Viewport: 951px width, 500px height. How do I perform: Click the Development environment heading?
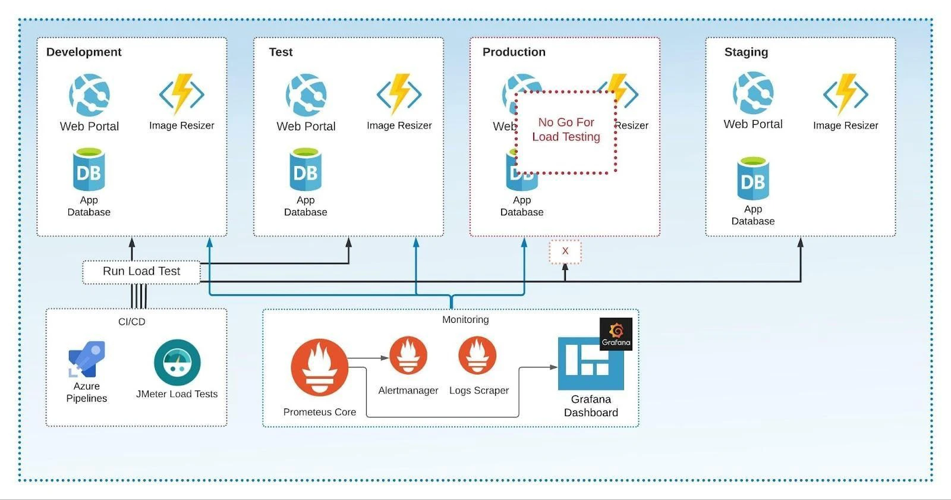(84, 52)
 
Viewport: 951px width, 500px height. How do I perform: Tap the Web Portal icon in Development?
(89, 95)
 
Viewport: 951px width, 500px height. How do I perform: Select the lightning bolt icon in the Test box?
(399, 93)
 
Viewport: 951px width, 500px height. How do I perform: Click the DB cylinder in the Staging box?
(753, 178)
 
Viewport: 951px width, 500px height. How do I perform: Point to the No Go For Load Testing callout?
(566, 131)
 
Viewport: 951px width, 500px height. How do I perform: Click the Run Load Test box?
(141, 272)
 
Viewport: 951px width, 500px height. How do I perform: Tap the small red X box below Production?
(565, 251)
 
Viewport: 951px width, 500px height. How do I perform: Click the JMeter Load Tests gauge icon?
(177, 362)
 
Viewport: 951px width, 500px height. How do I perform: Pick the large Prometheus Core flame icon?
(319, 367)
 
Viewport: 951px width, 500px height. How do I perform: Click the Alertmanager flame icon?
(408, 355)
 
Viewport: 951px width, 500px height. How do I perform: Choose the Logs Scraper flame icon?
(477, 355)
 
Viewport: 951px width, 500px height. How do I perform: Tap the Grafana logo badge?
(616, 334)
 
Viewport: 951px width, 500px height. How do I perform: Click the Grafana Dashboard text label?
(591, 405)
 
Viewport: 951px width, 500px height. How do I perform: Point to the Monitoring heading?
(465, 320)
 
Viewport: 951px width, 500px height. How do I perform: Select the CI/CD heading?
(131, 322)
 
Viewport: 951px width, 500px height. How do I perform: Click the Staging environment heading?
(746, 52)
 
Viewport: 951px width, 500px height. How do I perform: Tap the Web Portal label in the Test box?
(306, 127)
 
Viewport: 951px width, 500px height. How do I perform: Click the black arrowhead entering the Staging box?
(800, 243)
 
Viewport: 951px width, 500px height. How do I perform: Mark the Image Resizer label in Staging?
(845, 125)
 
